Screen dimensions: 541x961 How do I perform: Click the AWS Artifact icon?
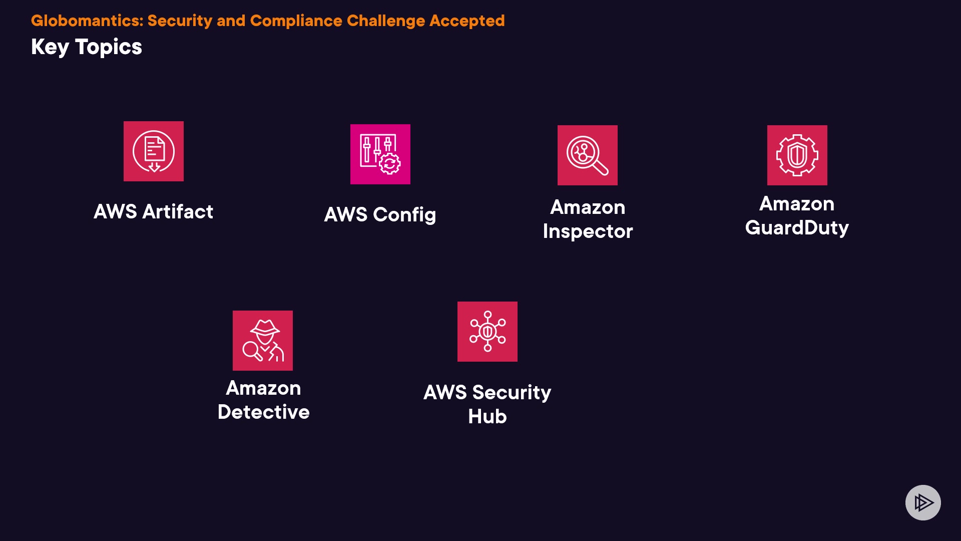coord(154,151)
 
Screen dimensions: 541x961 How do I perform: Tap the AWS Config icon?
coord(380,154)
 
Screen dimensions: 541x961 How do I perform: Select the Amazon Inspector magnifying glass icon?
coord(588,155)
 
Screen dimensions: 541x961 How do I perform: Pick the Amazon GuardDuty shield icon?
coord(797,155)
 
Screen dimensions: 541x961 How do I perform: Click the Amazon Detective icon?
coord(263,341)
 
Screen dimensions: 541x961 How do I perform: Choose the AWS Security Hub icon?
coord(488,332)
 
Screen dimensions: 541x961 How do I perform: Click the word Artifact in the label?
coord(178,211)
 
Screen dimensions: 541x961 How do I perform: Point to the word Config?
coord(404,215)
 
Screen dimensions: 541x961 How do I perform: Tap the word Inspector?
coord(588,231)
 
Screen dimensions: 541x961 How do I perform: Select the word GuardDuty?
coord(797,228)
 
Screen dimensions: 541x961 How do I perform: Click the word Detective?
coord(263,412)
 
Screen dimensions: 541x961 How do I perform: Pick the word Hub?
coord(488,417)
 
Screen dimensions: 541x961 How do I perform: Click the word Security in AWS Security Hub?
coord(512,393)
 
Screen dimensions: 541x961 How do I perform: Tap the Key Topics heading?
coord(87,47)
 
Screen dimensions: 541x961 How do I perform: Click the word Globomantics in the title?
coord(86,21)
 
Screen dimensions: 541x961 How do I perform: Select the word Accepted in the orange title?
coord(467,21)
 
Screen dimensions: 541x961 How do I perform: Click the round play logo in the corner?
coord(923,502)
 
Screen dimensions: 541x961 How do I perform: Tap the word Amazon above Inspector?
coord(588,207)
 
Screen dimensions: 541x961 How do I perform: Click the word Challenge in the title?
coord(386,21)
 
